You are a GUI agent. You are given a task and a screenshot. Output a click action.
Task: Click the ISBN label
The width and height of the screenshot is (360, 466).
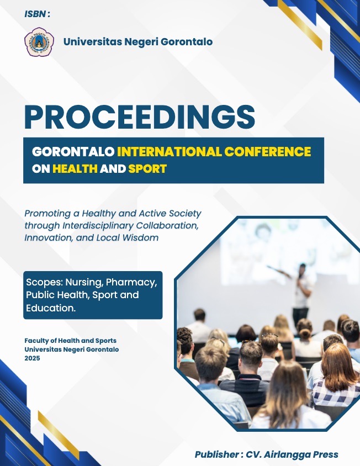tap(37, 14)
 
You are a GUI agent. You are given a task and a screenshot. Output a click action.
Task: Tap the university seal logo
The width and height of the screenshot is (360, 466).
tap(39, 42)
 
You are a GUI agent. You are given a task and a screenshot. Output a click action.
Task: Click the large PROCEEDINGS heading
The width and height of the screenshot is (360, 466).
tap(140, 117)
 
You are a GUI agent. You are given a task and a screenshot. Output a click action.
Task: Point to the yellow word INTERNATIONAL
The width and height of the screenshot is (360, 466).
tap(170, 152)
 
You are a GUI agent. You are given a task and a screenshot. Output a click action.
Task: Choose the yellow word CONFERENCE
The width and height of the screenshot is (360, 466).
tap(268, 152)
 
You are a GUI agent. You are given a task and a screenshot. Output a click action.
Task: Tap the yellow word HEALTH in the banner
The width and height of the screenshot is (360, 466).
tap(75, 169)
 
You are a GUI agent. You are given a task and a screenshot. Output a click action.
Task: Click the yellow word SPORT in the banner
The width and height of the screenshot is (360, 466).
tap(147, 169)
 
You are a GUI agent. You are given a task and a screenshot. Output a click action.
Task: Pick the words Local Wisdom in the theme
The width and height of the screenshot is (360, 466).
tap(127, 238)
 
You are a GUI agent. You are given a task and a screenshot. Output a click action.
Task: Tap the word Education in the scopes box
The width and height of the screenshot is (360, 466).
tap(51, 308)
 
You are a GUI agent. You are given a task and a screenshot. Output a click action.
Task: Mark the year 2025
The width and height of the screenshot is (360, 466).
tap(33, 358)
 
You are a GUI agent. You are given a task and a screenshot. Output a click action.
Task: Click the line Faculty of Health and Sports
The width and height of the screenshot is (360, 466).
tap(71, 341)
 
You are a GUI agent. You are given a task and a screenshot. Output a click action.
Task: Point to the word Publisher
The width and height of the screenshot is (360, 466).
tap(217, 454)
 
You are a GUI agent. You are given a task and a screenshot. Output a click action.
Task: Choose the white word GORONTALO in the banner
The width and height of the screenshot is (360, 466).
tap(73, 152)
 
